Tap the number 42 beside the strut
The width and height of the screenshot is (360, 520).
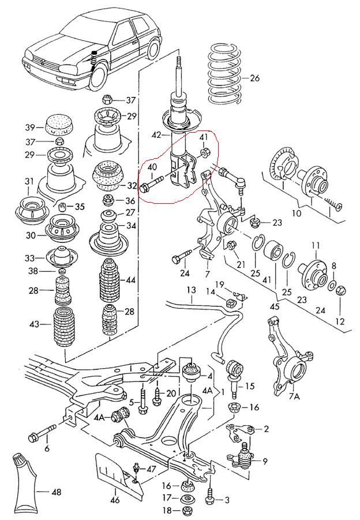pos(155,136)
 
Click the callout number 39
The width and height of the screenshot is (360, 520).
pos(29,127)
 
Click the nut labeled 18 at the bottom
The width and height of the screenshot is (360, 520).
pos(187,511)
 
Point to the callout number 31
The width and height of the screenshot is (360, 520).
pos(29,182)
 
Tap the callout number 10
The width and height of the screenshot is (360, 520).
pos(296,214)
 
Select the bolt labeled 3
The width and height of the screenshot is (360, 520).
pos(209,496)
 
